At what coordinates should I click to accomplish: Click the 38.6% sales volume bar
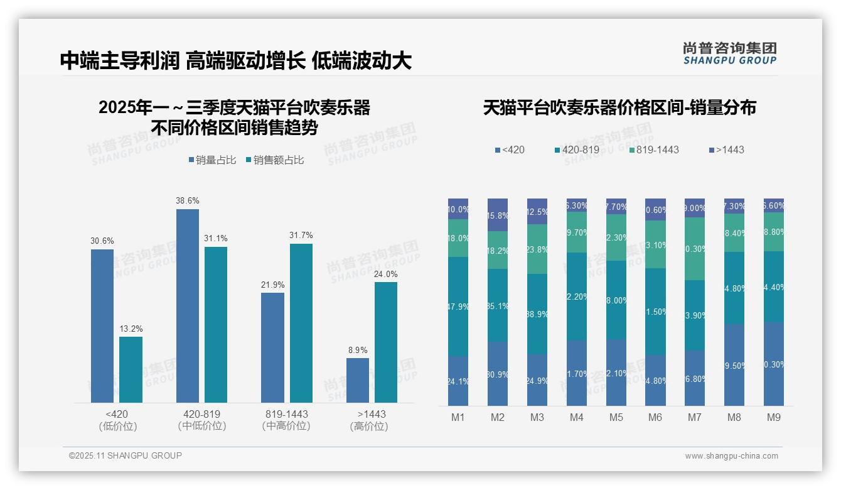point(187,306)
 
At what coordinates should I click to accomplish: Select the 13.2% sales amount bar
point(131,369)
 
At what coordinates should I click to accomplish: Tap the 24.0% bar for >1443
point(386,342)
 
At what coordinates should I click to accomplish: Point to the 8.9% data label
point(358,351)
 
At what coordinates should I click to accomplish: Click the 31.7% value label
point(301,236)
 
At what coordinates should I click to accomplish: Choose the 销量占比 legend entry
point(212,160)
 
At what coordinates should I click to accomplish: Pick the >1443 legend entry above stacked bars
point(726,150)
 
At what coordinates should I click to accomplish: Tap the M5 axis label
point(616,417)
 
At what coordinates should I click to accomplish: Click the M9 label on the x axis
point(773,417)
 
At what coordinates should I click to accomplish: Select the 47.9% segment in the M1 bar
point(458,307)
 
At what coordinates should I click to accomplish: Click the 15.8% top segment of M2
point(498,215)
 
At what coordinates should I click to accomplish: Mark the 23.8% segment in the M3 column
point(537,249)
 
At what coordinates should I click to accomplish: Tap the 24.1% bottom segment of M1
point(458,381)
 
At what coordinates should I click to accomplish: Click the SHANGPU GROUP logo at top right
point(729,53)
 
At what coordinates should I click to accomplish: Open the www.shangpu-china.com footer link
point(731,456)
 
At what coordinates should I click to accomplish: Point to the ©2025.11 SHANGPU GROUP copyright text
point(126,455)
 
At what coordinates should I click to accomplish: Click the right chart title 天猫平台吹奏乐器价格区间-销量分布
point(619,108)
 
